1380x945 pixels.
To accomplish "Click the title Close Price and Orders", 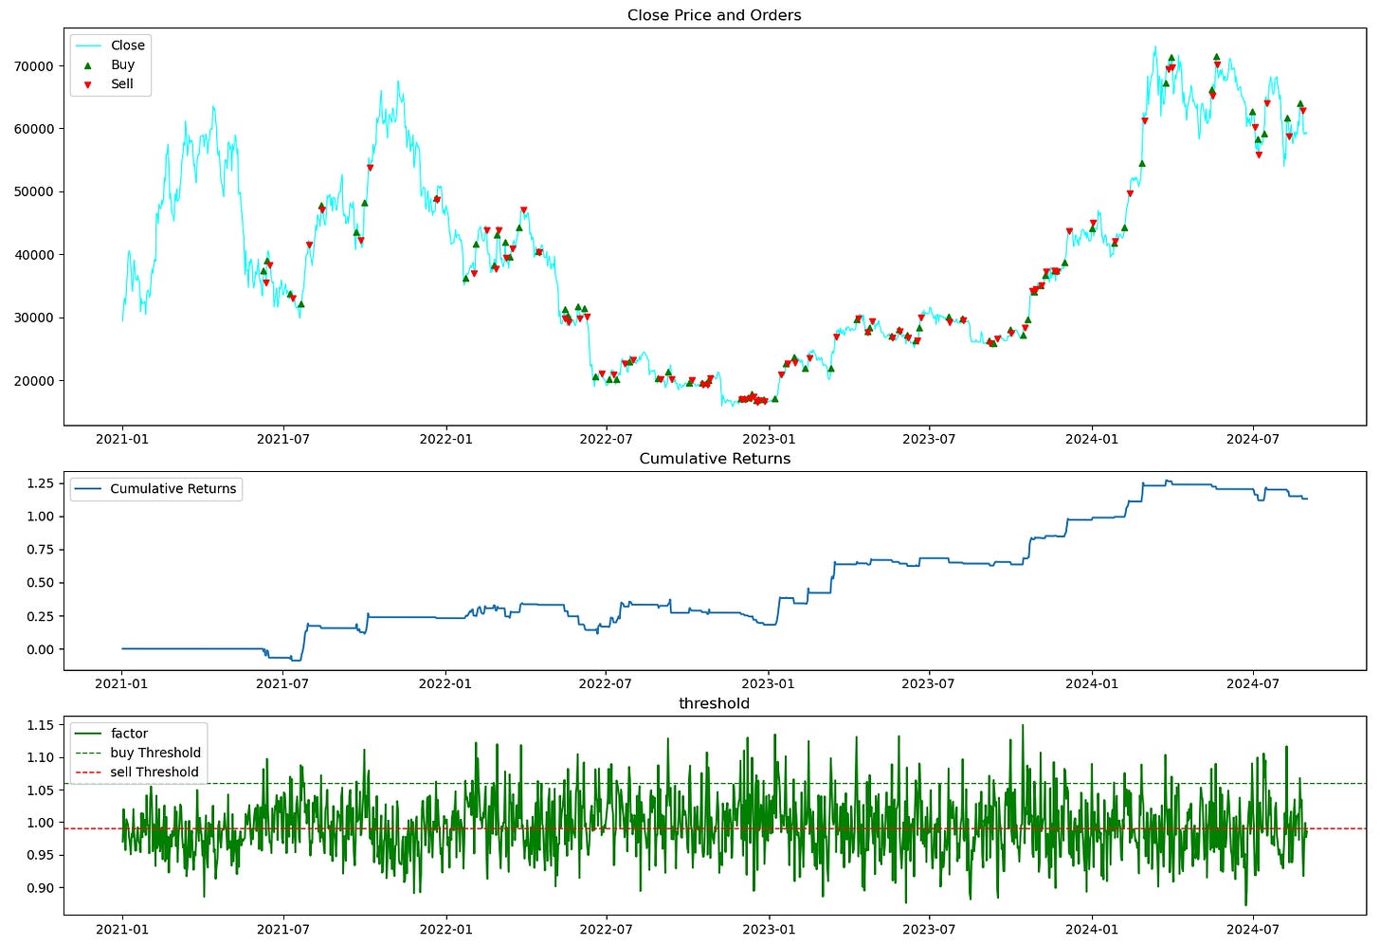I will point(714,15).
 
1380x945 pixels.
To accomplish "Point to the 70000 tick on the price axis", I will point(33,66).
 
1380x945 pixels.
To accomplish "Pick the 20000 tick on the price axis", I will point(33,381).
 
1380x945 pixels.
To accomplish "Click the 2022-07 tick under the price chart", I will point(606,439).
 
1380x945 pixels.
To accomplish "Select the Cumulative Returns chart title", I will point(715,459).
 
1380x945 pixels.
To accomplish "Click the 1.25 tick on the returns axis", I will point(40,483).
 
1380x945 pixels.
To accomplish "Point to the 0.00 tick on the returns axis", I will point(40,649).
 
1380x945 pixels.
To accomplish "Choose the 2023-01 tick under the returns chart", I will point(768,683).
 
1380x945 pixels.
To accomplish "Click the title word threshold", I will point(714,703).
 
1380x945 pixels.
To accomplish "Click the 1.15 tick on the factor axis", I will point(40,725).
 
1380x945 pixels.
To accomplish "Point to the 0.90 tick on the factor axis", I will point(40,888).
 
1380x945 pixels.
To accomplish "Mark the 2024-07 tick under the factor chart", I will point(1253,929).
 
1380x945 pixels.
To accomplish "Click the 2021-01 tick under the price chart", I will point(122,439).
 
